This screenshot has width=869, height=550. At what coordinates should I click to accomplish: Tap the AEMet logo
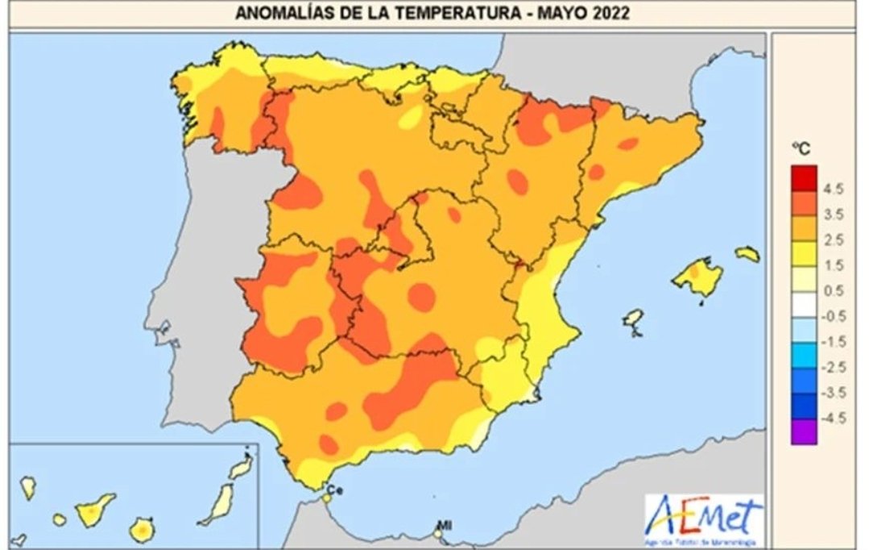click(703, 516)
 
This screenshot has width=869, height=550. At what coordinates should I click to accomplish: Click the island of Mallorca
click(697, 277)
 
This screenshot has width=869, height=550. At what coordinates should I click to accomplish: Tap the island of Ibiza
click(634, 319)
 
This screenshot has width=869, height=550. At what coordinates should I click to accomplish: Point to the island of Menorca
click(747, 254)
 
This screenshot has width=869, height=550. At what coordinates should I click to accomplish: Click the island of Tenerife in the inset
click(94, 510)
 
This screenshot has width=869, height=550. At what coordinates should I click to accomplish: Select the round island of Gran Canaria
click(143, 530)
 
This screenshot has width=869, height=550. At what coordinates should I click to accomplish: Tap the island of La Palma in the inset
click(28, 486)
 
